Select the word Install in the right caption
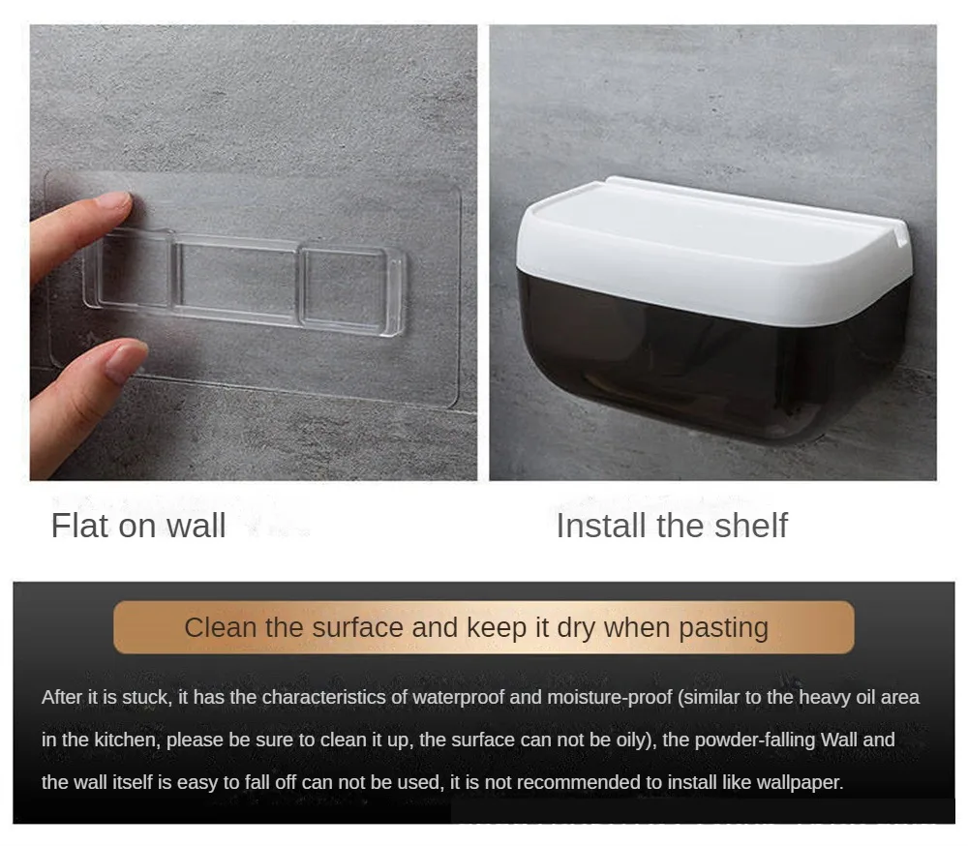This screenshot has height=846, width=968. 599,526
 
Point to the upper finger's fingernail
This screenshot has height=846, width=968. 113,202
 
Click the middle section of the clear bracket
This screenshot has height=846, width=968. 236,280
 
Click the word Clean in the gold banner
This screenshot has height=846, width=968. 221,627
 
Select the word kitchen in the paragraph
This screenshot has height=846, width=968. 127,740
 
